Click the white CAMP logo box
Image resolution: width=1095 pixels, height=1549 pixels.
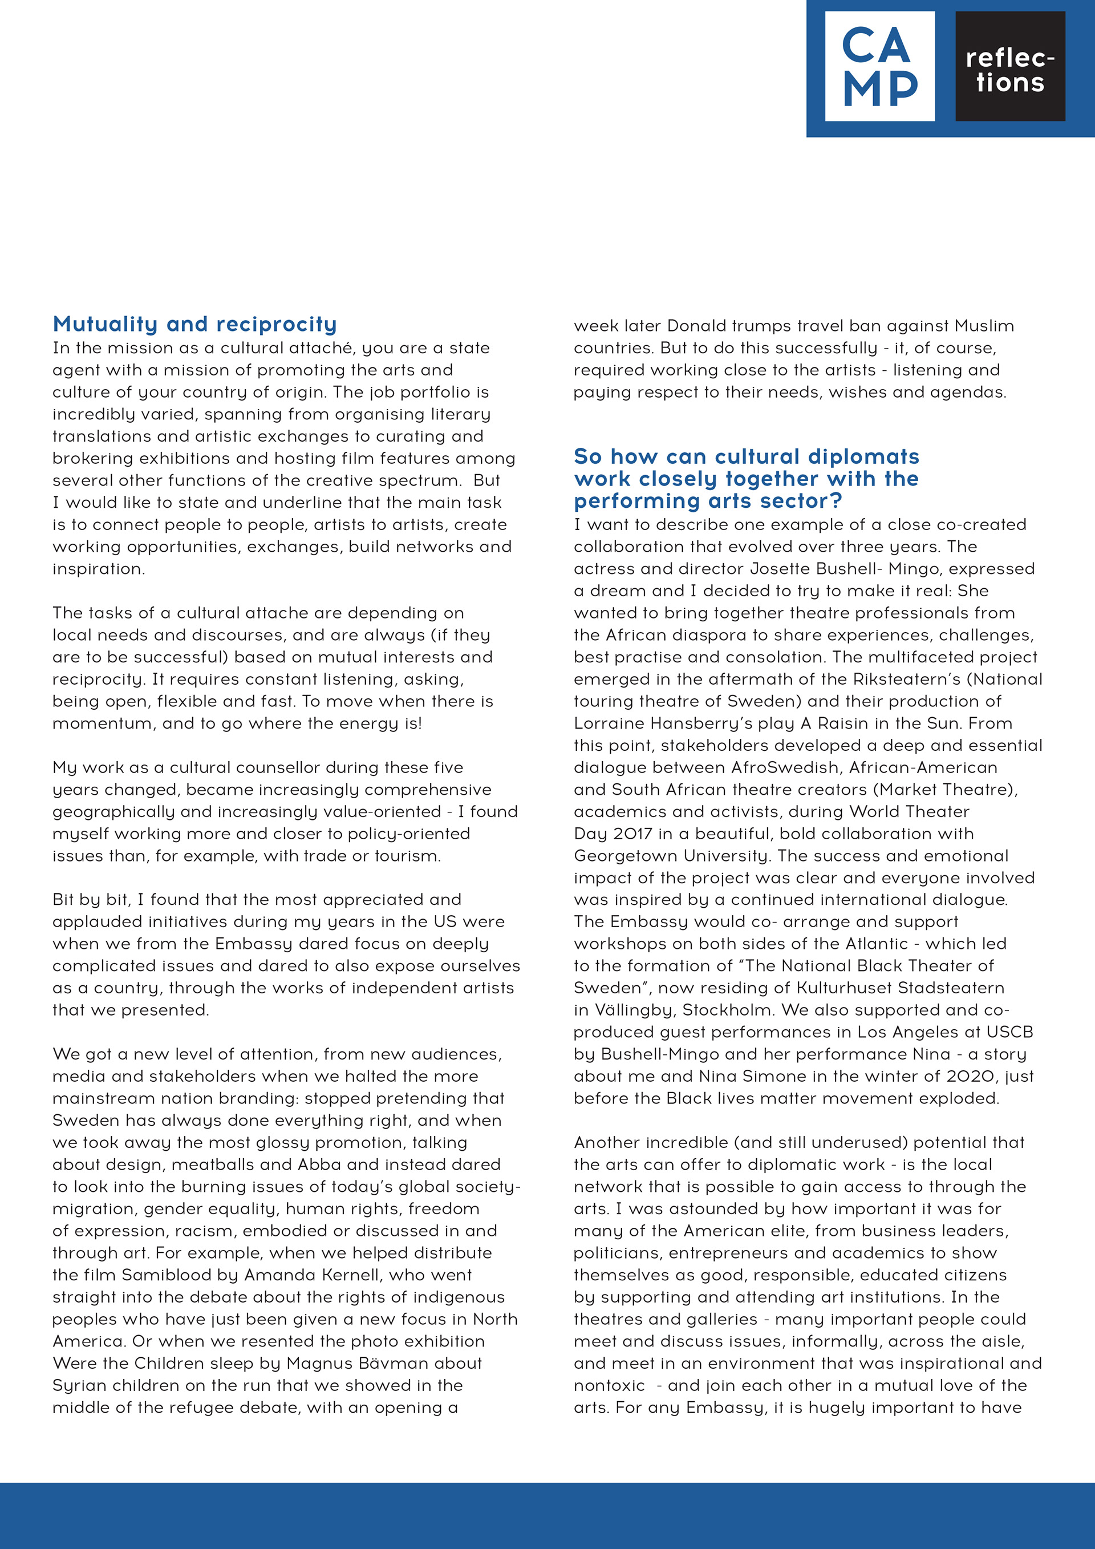pyautogui.click(x=879, y=66)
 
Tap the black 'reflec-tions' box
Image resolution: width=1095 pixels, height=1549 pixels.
pyautogui.click(x=1009, y=66)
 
